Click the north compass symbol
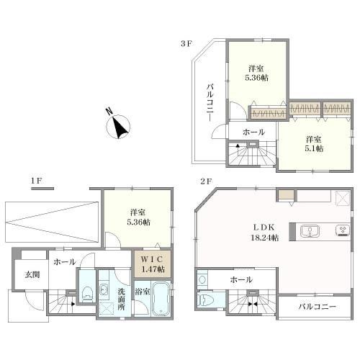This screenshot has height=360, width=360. [118, 126]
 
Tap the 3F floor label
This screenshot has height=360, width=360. [186, 44]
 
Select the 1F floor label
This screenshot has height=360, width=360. [36, 181]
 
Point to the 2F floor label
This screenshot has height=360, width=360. [206, 181]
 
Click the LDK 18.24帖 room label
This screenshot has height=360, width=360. [264, 233]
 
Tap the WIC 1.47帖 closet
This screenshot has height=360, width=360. [152, 264]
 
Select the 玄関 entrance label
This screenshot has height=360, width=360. [32, 274]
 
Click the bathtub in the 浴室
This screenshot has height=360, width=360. [161, 298]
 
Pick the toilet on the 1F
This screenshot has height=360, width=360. [87, 294]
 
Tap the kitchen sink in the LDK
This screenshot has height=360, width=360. [310, 231]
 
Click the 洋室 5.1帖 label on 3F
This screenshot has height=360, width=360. [314, 144]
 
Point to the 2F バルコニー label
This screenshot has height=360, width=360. [318, 307]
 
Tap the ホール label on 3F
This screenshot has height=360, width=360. [253, 132]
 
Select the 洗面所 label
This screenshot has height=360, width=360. [121, 299]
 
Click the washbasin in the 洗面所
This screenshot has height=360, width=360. [104, 288]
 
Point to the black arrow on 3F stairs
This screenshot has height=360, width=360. [238, 146]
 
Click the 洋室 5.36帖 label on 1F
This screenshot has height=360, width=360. [138, 217]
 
